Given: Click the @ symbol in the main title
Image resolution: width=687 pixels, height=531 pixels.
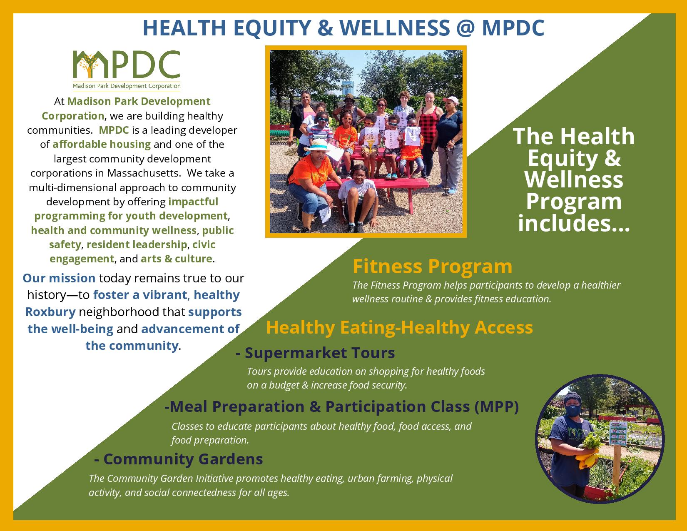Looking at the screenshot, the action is click(465, 28).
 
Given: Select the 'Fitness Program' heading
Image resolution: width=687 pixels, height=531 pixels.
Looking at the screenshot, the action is click(432, 266).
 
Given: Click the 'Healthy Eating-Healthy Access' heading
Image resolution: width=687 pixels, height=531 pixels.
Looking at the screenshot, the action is click(400, 327).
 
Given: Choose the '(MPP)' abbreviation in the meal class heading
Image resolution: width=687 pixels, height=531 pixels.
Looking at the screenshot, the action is click(496, 407).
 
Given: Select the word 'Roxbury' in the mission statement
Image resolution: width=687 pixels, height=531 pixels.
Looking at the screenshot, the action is click(50, 312).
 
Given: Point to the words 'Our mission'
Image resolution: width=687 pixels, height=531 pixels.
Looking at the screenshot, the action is click(59, 278).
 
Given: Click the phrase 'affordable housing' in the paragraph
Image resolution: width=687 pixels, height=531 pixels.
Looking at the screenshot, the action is click(102, 144).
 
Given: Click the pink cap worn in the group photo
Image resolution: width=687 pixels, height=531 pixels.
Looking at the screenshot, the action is click(451, 100).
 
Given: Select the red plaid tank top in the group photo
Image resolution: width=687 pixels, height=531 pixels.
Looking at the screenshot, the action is click(429, 125).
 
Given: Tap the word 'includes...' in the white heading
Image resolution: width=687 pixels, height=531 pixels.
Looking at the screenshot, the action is click(574, 223).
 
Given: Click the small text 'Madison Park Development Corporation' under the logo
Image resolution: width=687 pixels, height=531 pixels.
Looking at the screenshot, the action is click(127, 86).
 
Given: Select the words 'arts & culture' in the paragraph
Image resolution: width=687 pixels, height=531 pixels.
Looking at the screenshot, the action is click(177, 259).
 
